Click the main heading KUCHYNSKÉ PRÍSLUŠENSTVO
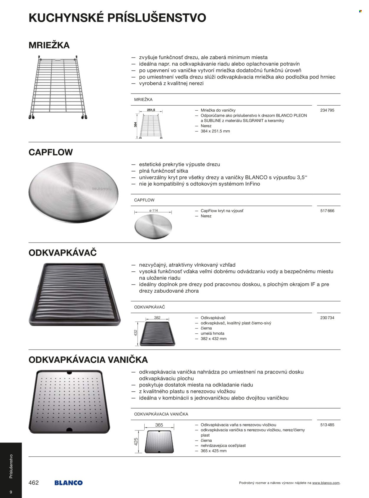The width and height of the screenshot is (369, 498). (117, 18)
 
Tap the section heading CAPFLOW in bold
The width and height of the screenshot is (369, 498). (50, 152)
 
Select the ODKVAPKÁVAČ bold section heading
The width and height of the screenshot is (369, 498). (63, 253)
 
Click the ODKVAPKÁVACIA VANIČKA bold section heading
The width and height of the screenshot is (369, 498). (88, 360)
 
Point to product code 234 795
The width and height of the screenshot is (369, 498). (327, 110)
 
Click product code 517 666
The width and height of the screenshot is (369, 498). (327, 211)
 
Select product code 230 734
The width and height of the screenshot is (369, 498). (327, 318)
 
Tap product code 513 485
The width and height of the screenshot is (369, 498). (327, 425)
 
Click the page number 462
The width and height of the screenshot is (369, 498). (34, 483)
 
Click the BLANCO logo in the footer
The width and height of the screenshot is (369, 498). (68, 483)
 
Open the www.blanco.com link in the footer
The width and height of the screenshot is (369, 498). (326, 483)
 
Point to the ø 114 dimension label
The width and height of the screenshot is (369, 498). (154, 210)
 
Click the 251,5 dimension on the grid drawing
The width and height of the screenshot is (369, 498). (151, 110)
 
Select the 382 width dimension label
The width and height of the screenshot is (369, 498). (157, 318)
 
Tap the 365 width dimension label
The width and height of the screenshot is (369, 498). (159, 425)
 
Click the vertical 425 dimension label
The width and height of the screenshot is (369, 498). (136, 441)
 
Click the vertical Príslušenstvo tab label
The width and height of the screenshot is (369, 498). (11, 466)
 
